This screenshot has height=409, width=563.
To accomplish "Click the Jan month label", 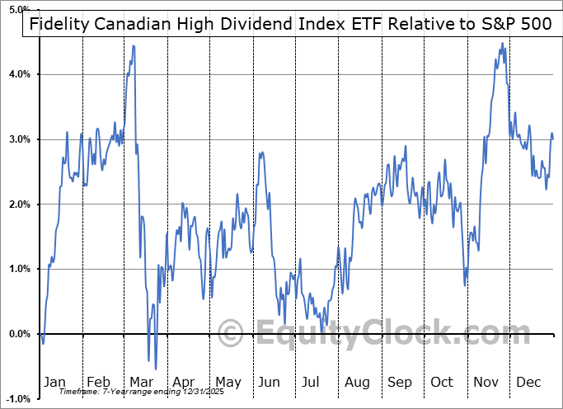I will (55, 382).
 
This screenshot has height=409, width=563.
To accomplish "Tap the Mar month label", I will (142, 382).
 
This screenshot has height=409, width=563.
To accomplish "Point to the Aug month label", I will (357, 382).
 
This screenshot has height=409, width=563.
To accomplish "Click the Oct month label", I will (443, 382).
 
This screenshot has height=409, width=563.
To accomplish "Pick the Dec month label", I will (528, 382).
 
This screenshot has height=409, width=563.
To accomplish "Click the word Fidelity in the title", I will (61, 24).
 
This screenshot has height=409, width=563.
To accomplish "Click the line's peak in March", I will (134, 46).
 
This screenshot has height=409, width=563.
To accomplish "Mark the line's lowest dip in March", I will (156, 369).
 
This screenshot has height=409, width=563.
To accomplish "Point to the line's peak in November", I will (502, 45).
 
